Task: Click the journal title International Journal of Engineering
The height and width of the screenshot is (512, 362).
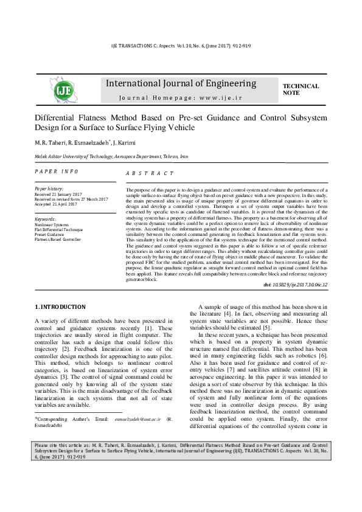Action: pos(181,83)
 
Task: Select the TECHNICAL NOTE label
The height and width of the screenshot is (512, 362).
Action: pos(301,89)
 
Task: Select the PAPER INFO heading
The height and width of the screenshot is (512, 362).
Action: pos(57,172)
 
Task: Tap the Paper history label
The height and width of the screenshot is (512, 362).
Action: pos(49,189)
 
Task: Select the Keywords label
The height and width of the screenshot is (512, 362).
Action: pos(46,218)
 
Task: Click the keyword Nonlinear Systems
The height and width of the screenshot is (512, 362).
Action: pos(52,224)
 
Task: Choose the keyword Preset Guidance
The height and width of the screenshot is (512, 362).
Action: pos(50,234)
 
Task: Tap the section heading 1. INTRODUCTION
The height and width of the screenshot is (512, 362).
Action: pos(60,306)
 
